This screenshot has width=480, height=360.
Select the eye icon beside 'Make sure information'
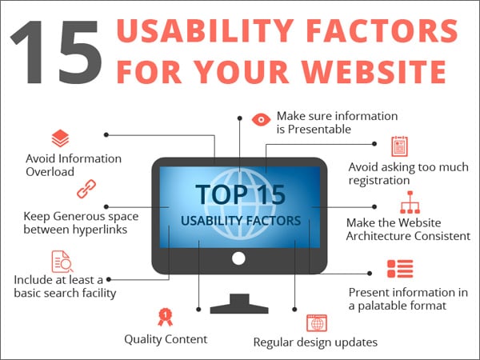pos(261,121)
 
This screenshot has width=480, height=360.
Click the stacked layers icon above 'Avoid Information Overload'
pos(60,138)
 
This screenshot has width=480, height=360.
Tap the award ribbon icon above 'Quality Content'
pos(165,317)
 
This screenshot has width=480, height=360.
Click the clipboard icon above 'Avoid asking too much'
pos(399,146)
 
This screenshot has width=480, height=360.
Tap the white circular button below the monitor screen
pos(238,258)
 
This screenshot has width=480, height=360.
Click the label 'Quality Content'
pos(166,339)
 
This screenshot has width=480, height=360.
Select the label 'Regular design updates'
pos(315,342)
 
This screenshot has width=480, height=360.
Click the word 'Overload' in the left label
pos(50,172)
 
